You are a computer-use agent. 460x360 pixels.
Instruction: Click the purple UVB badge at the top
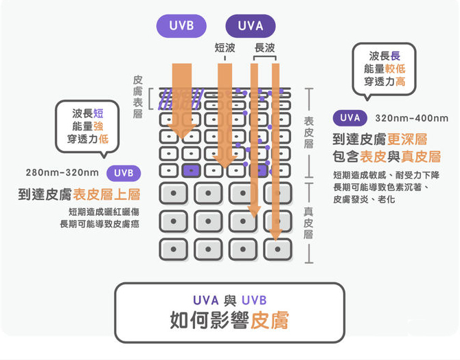point(181,27)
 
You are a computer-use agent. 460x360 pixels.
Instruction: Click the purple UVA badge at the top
point(250,27)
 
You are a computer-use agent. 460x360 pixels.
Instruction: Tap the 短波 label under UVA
point(225,48)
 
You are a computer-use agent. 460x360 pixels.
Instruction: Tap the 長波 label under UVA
point(264,48)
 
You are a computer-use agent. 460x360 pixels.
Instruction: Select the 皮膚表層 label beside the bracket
point(137,97)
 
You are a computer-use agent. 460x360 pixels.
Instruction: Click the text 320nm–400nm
point(412,117)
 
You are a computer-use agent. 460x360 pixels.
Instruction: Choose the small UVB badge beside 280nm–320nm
point(124,172)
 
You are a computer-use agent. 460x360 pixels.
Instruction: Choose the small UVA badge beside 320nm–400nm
point(350,117)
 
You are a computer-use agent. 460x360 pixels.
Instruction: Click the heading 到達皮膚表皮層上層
point(79,194)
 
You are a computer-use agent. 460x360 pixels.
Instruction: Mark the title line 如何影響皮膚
point(229,320)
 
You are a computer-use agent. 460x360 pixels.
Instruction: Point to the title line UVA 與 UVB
point(229,300)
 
